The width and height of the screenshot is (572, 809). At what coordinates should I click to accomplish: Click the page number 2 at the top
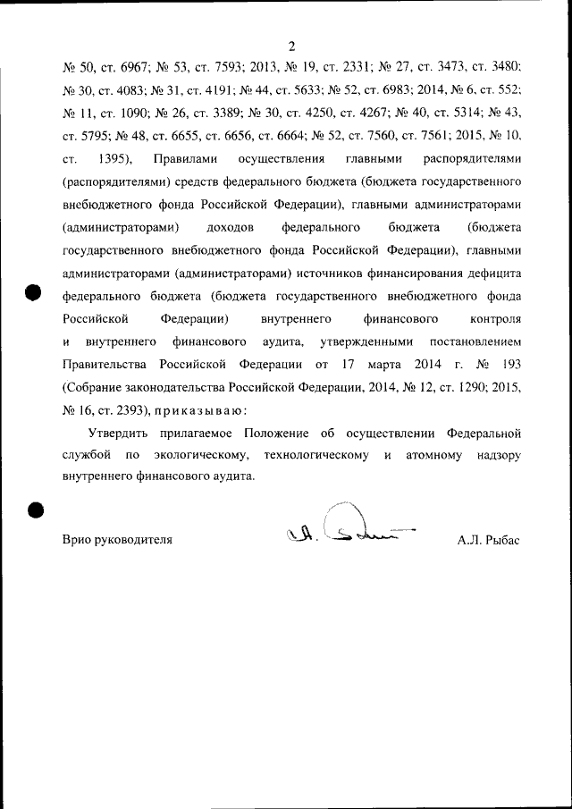click(x=291, y=46)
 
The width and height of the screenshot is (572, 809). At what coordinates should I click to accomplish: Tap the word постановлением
click(x=475, y=341)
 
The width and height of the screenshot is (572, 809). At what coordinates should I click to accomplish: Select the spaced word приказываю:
click(x=199, y=411)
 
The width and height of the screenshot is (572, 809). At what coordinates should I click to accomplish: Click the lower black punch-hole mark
click(x=35, y=508)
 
